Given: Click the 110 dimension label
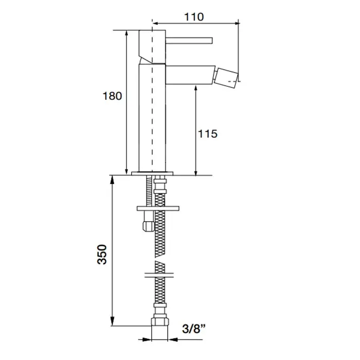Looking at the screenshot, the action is coord(194,17).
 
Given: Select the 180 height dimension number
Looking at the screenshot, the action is coord(112,96).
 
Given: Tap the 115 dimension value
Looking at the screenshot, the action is coord(208,134).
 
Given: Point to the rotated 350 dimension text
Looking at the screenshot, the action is coord(102,255).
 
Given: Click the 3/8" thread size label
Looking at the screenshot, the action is coord(194,329).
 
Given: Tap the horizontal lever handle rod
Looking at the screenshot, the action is coord(189,40).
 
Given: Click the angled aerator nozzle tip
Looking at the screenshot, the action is coord(227,77).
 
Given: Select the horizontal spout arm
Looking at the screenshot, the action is coord(190,75).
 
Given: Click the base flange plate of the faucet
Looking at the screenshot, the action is coord(152,173).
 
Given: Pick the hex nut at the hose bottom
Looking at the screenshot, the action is coord(160,321).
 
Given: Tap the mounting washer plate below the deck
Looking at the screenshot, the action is coord(158,208).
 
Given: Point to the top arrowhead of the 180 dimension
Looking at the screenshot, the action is coord(127,34).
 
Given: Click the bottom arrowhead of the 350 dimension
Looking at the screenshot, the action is coord(112,321).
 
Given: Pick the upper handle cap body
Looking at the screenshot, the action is coord(152,47).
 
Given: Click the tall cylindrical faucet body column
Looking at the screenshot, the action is coord(152,118).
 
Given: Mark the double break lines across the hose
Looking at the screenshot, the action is coord(159,275).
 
